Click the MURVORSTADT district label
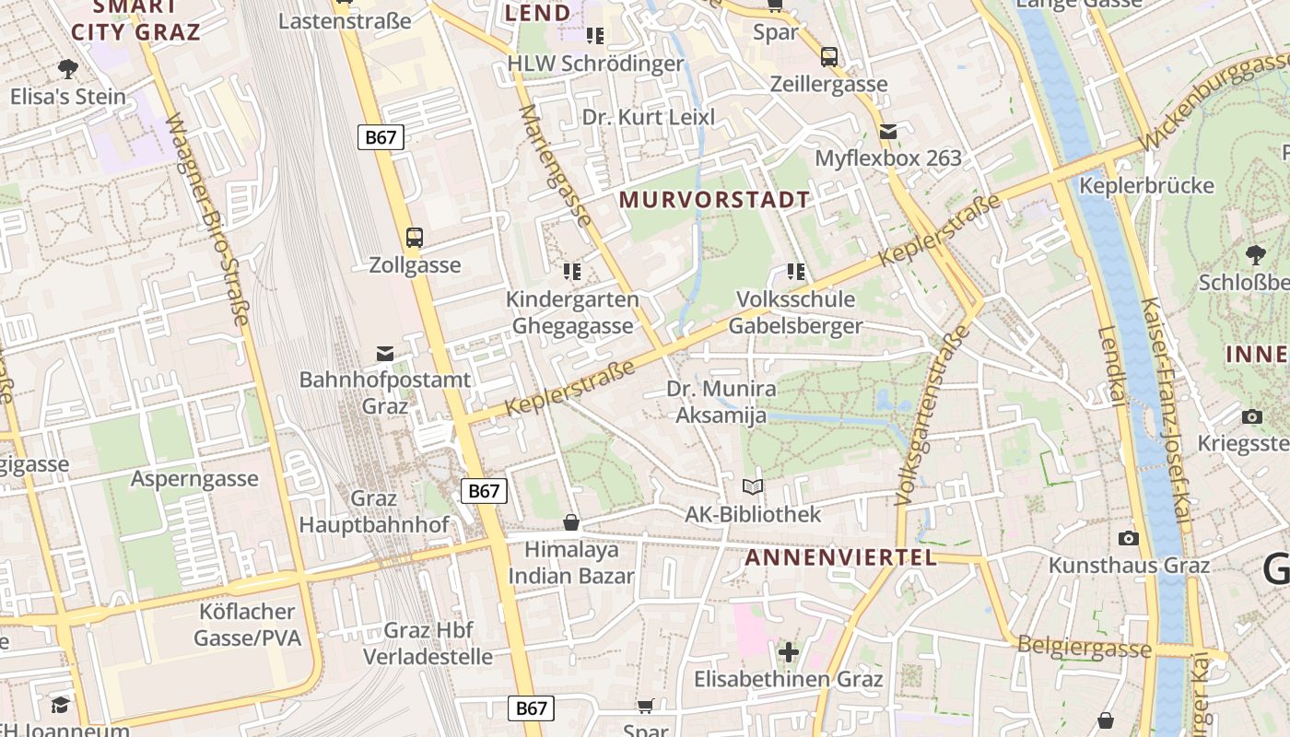[714, 199]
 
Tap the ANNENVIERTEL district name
[840, 557]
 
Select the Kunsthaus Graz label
[1129, 565]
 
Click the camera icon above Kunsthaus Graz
[1129, 538]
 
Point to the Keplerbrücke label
[1146, 185]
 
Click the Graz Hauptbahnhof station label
[374, 511]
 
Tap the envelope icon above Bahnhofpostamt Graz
[385, 354]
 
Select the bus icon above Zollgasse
[415, 238]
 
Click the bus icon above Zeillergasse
[829, 57]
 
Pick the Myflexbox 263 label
[887, 158]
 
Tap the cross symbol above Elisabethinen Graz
[788, 652]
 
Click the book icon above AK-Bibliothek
[753, 486]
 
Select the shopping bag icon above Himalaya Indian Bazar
[571, 522]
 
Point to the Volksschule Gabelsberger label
[795, 312]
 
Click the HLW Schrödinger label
[595, 64]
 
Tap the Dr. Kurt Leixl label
[648, 117]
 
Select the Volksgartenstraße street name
[932, 415]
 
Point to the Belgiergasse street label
[1084, 647]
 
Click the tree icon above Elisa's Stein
[67, 68]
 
